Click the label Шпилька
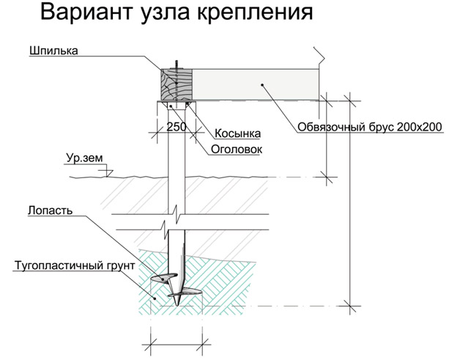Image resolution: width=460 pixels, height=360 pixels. pos(53,51)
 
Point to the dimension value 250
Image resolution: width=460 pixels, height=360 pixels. pos(176,126)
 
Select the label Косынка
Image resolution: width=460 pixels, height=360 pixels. pos(238,134)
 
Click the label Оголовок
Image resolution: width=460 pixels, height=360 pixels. pos(237,149)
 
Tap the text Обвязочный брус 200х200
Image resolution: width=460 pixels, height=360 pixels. pos(370,126)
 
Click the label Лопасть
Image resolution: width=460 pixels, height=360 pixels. pos(49,210)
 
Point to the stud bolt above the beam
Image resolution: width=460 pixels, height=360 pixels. pos(176,67)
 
